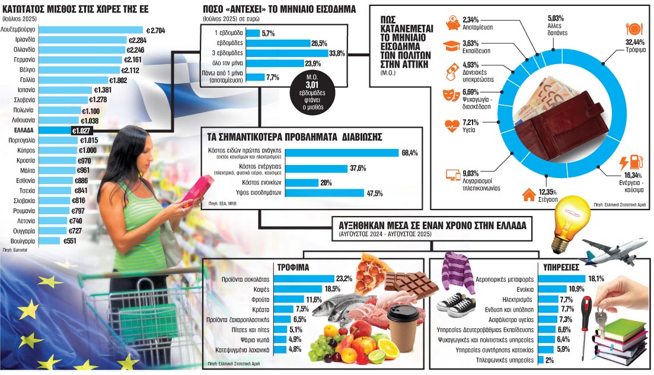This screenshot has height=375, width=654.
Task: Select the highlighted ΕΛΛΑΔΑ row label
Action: click(23, 130)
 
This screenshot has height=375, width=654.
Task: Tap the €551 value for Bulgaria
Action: click(69, 241)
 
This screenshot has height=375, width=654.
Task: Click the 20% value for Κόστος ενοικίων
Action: click(326, 183)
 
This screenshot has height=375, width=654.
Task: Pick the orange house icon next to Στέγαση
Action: click(527, 195)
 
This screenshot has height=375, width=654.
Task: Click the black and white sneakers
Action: click(456, 304)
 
